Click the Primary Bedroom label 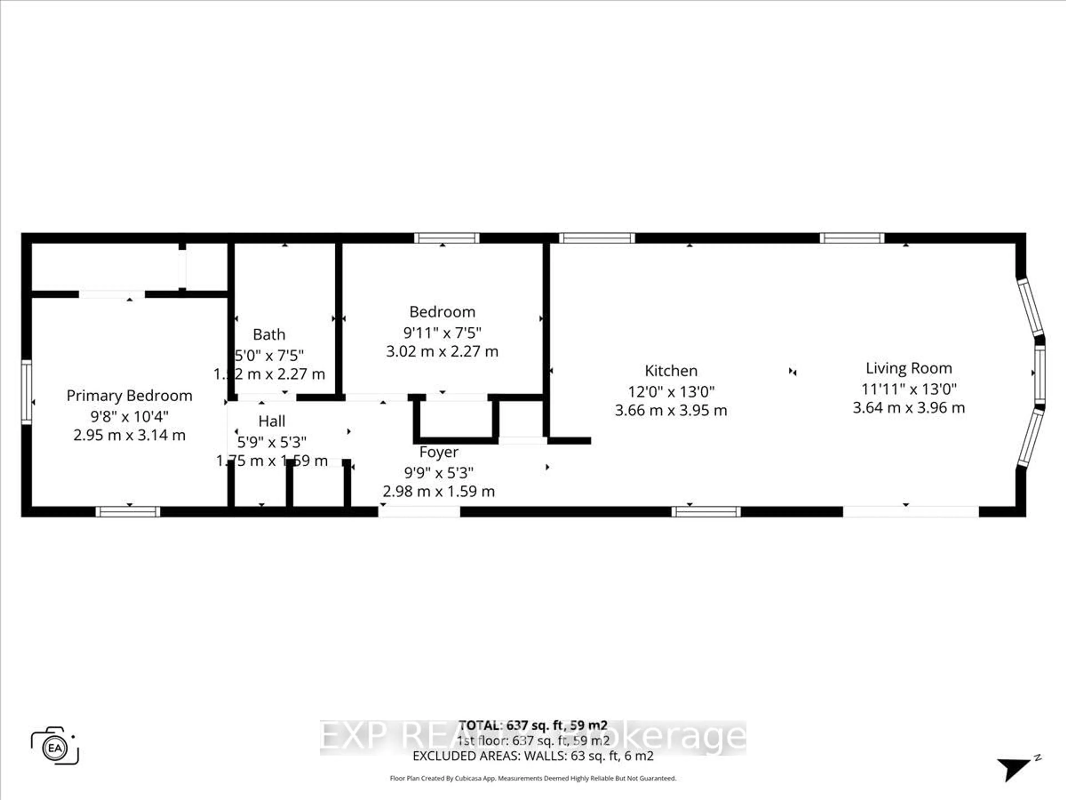tap(129, 396)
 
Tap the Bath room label tap(269, 335)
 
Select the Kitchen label tap(671, 371)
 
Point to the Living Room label tap(908, 368)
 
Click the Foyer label tap(439, 452)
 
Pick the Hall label tap(272, 421)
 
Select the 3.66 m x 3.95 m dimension tap(671, 410)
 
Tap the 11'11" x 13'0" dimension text tap(908, 389)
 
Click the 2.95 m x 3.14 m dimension tap(129, 436)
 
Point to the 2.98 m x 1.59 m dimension tap(439, 491)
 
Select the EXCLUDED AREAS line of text tap(532, 756)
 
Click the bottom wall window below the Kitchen tap(706, 512)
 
